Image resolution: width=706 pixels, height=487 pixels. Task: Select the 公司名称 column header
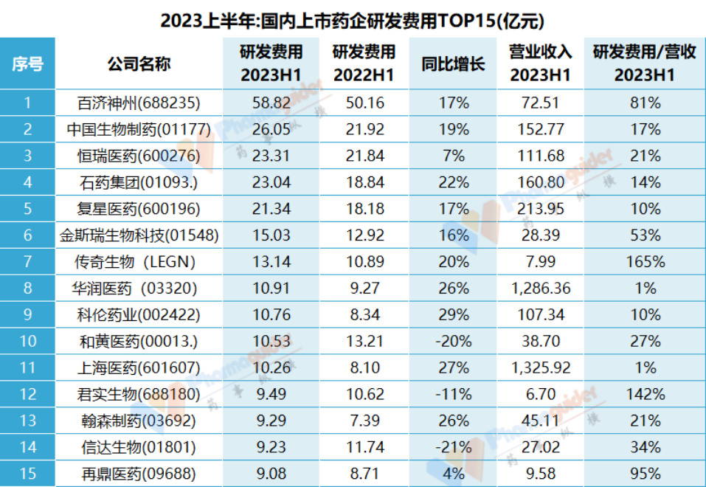click(x=139, y=63)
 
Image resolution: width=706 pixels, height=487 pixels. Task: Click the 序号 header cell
click(x=27, y=63)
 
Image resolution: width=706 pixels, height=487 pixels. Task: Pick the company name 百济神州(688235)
click(x=139, y=103)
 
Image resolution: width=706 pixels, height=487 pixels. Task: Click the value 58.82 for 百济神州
click(x=271, y=103)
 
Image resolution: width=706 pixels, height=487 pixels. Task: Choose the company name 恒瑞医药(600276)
click(x=139, y=156)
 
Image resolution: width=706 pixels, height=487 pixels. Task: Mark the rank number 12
click(x=27, y=394)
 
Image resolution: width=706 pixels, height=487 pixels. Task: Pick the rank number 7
click(x=27, y=261)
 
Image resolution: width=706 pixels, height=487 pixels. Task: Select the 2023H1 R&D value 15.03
click(x=271, y=235)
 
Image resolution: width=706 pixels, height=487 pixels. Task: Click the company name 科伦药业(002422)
click(x=139, y=314)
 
